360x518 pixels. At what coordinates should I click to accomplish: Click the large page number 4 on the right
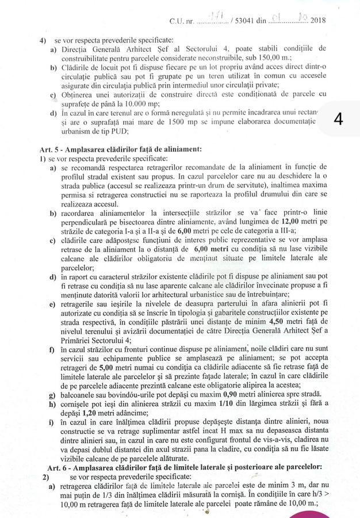point(339,120)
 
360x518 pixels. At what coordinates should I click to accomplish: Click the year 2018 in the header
point(317,21)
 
